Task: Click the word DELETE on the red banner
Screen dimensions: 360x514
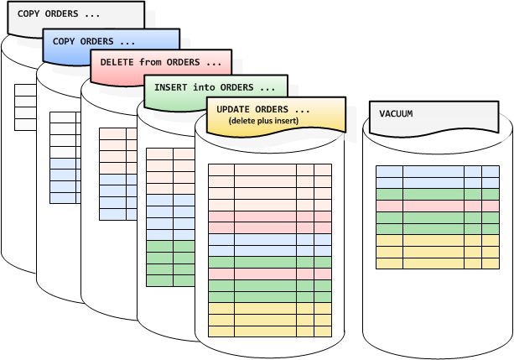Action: pos(117,62)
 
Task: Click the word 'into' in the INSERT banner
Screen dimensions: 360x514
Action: pos(205,86)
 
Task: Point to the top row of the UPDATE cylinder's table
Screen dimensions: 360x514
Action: pos(269,170)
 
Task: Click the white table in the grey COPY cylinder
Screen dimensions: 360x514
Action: pos(25,106)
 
